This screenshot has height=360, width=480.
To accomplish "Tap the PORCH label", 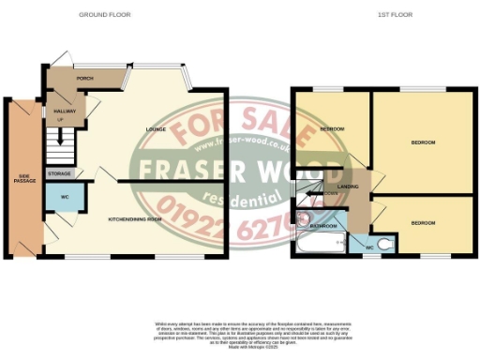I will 83,78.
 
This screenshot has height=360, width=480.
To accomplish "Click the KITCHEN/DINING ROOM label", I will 138,217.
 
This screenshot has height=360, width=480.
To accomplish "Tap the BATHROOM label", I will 323,226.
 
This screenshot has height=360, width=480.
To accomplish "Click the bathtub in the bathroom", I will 319,246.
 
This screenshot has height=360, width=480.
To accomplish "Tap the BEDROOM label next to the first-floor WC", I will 423,223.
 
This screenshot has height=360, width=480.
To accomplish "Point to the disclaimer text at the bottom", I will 239,334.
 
